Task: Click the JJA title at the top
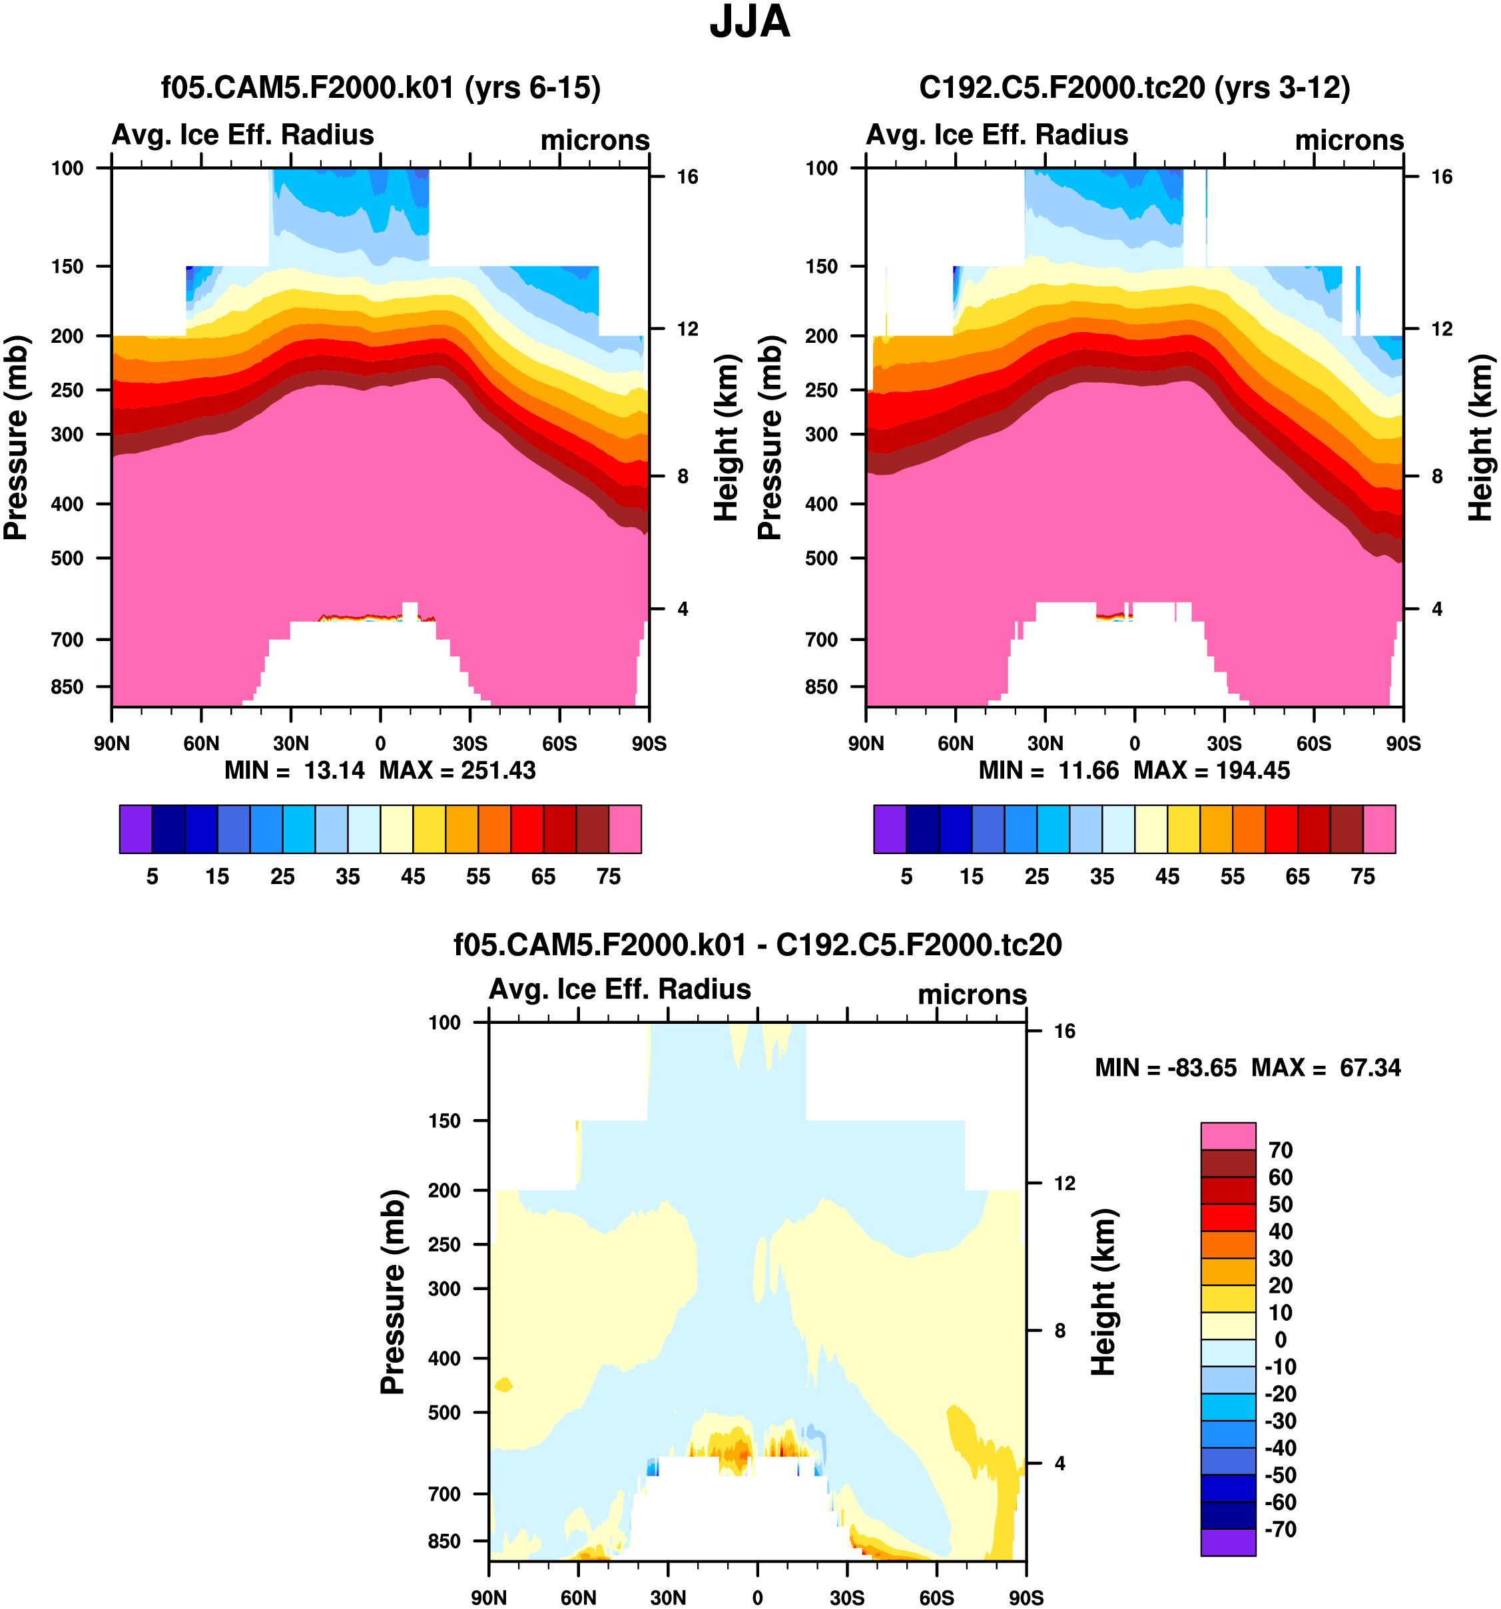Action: tap(750, 23)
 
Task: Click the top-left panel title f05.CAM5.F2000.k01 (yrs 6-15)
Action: tap(380, 87)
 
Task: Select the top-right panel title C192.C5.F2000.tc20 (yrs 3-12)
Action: tap(1134, 87)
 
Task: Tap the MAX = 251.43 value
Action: tap(457, 770)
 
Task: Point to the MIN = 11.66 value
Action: tap(1048, 770)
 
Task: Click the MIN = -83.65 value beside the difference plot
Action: tap(1166, 1068)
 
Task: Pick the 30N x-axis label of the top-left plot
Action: tap(290, 743)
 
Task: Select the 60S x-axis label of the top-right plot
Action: tap(1313, 743)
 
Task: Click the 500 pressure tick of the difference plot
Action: tap(444, 1413)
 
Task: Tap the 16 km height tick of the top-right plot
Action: tap(1442, 176)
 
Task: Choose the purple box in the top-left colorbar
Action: tap(135, 829)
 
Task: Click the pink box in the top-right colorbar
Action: tap(1378, 829)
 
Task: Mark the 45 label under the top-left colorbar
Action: tap(413, 877)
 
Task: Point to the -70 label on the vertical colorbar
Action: tap(1280, 1529)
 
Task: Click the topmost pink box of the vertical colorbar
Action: tap(1228, 1136)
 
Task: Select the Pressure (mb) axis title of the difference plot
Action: tap(393, 1291)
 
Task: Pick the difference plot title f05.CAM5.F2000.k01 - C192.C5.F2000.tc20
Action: tap(757, 945)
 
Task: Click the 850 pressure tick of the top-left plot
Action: tap(67, 686)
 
